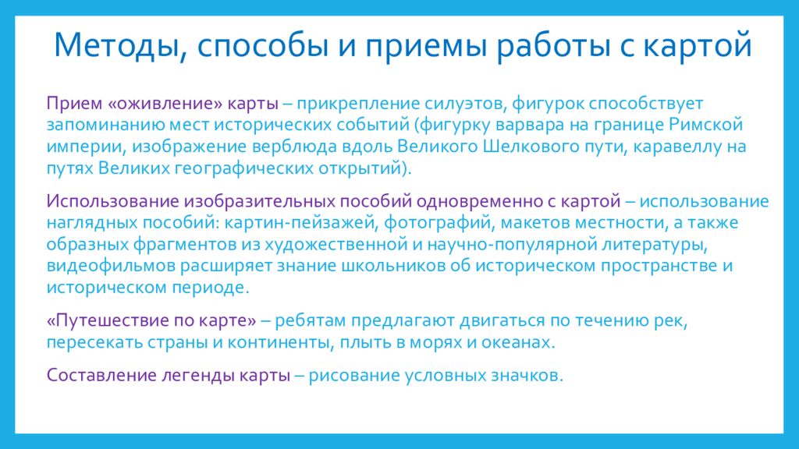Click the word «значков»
tap(528, 375)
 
